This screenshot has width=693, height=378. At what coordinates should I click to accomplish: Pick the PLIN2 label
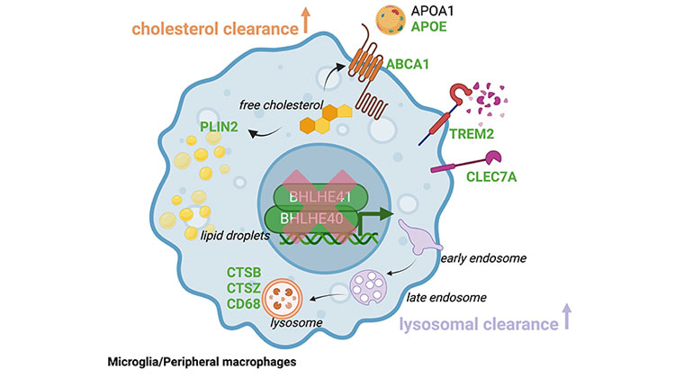coord(219,127)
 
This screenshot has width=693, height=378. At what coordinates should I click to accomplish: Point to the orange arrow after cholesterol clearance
coord(307,20)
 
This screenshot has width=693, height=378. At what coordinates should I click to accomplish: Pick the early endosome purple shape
coord(416,242)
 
